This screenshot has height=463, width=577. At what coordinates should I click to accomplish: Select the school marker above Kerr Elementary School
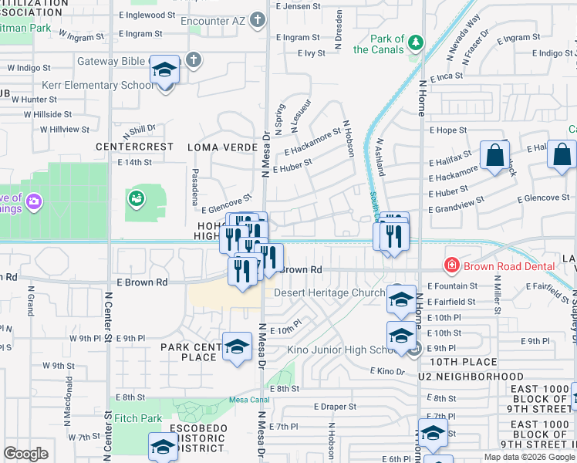(x=164, y=72)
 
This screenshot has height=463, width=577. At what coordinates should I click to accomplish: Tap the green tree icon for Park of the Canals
(x=417, y=42)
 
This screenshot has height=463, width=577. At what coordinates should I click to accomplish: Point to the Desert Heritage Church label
(x=329, y=293)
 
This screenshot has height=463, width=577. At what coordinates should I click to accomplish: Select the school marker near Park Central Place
(x=237, y=346)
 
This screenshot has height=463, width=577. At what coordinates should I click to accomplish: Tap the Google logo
(x=26, y=454)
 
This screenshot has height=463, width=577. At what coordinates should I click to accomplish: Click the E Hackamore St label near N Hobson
(x=312, y=142)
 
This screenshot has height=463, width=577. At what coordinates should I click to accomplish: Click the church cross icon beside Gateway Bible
(x=194, y=59)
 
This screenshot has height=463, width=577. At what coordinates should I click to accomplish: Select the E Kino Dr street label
(x=388, y=372)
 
